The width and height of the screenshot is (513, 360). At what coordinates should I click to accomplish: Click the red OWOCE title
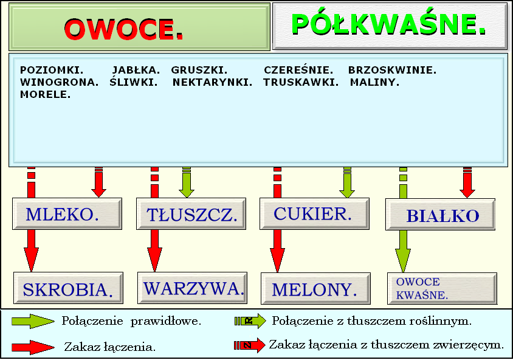tap(124, 29)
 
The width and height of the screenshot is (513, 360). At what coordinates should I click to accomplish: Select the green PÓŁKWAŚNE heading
tap(389, 24)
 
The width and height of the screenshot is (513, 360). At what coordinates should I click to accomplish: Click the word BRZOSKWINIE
tap(392, 70)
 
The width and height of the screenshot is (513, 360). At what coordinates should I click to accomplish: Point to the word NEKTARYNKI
tap(212, 82)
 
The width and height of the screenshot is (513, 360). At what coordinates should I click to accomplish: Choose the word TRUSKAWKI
tap(301, 82)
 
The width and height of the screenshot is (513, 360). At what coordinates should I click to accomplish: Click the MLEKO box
tap(63, 214)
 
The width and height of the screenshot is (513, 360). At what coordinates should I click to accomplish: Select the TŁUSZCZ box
tap(192, 215)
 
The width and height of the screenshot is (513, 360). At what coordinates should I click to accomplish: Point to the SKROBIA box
tap(68, 289)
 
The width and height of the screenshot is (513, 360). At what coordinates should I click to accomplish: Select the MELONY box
tap(315, 289)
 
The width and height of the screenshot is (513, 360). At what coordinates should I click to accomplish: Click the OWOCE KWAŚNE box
tap(441, 289)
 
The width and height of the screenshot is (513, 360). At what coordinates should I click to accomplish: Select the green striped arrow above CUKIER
tap(347, 182)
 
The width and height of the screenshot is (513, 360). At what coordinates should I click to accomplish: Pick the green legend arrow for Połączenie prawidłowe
tap(33, 321)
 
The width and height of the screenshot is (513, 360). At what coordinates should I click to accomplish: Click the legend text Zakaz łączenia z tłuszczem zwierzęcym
tap(387, 344)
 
